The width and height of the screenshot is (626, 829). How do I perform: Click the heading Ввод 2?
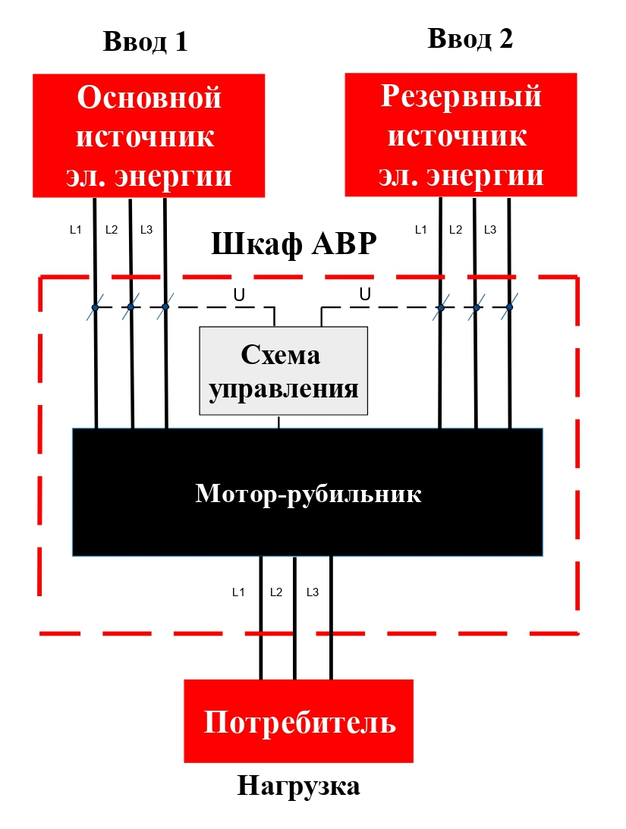470,38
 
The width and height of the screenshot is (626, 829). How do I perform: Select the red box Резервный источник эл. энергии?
461,135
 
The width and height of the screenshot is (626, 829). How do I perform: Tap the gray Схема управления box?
283,371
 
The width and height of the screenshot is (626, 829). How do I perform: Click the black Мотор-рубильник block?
307,493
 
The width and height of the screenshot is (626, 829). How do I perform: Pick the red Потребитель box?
299,721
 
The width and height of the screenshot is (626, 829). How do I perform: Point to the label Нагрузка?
298,786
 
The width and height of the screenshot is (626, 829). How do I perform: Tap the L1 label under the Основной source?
75,229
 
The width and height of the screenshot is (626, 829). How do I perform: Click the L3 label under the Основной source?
146,229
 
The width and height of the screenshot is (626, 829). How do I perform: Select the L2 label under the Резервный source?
455,229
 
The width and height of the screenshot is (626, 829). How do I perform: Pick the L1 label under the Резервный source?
420,229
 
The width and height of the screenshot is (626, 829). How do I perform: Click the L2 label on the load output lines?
275,592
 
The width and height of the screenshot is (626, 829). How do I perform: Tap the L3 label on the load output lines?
312,592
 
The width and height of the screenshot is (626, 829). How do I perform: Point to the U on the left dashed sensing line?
239,295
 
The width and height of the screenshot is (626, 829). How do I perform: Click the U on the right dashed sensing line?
364,294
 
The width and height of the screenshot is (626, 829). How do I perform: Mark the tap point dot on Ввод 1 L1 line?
95,307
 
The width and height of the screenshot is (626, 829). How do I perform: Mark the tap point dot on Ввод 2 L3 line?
509,307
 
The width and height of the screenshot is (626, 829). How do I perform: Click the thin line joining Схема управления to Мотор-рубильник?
279,422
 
